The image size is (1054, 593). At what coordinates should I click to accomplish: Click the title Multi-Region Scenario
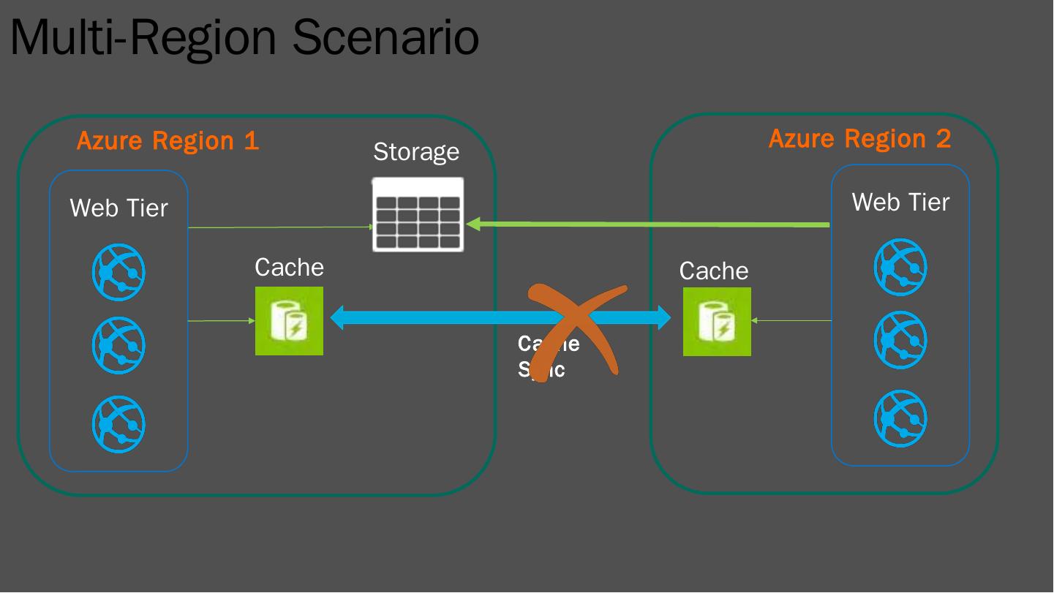(244, 37)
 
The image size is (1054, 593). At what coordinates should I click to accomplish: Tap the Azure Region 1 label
(167, 140)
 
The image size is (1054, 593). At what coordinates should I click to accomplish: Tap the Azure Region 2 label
(859, 138)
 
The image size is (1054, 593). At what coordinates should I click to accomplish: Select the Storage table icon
(418, 215)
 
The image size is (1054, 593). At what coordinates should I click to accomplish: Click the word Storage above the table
(416, 151)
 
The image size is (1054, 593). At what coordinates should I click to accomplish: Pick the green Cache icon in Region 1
(289, 321)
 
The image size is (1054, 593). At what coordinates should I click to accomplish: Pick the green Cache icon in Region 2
(717, 322)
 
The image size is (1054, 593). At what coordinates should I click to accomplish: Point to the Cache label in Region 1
(289, 268)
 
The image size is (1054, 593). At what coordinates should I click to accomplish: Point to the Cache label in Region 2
(714, 271)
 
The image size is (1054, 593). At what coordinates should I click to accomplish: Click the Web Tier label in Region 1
(118, 208)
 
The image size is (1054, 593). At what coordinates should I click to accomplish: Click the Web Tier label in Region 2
(900, 202)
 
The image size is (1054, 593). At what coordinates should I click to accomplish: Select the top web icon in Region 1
(118, 273)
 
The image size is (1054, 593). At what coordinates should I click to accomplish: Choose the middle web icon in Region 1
(118, 344)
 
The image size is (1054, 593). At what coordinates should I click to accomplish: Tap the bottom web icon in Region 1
(118, 424)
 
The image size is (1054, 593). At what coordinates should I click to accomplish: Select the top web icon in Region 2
(900, 267)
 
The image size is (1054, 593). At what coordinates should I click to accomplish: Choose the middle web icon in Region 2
(900, 340)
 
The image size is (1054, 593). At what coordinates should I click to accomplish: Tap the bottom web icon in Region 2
(900, 419)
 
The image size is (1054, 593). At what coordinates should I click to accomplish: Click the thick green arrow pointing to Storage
(651, 224)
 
